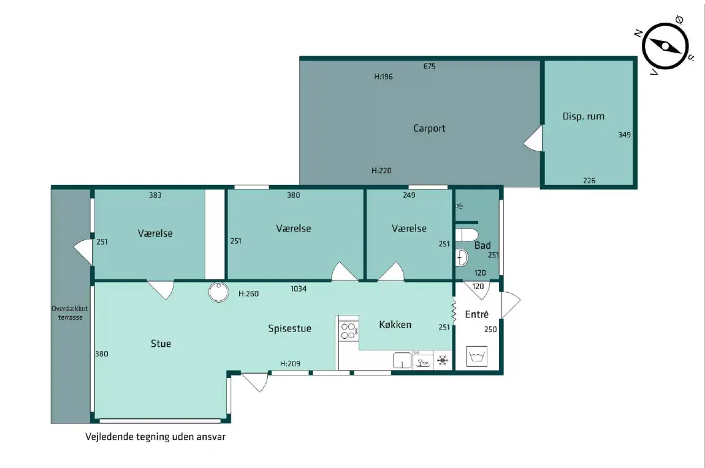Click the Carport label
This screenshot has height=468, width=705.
pyautogui.click(x=429, y=129)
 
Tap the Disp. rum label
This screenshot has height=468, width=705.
pyautogui.click(x=583, y=116)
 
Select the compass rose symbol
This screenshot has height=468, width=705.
pyautogui.click(x=665, y=47)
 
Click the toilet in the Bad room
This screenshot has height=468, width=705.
pyautogui.click(x=467, y=235)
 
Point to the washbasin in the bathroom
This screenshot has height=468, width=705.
pyautogui.click(x=462, y=258)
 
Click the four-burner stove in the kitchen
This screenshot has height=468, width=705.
pyautogui.click(x=348, y=331)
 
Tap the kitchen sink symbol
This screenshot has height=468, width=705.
pyautogui.click(x=402, y=360)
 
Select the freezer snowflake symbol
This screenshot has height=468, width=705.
pyautogui.click(x=443, y=360)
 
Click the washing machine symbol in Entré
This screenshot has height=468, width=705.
pyautogui.click(x=477, y=356)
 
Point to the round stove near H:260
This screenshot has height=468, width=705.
pyautogui.click(x=218, y=292)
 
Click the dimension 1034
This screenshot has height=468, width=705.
pyautogui.click(x=298, y=289)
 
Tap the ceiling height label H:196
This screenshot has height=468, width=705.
pyautogui.click(x=384, y=77)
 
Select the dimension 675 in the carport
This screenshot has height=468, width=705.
pyautogui.click(x=429, y=67)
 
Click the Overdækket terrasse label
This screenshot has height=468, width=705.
pyautogui.click(x=70, y=313)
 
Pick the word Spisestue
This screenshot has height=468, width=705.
pyautogui.click(x=289, y=329)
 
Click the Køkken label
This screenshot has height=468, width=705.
pyautogui.click(x=395, y=325)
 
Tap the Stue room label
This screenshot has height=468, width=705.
pyautogui.click(x=161, y=344)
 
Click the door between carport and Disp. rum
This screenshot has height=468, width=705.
pyautogui.click(x=534, y=138)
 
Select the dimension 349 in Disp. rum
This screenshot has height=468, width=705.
pyautogui.click(x=624, y=135)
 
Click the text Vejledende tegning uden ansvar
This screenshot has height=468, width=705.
pyautogui.click(x=155, y=437)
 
